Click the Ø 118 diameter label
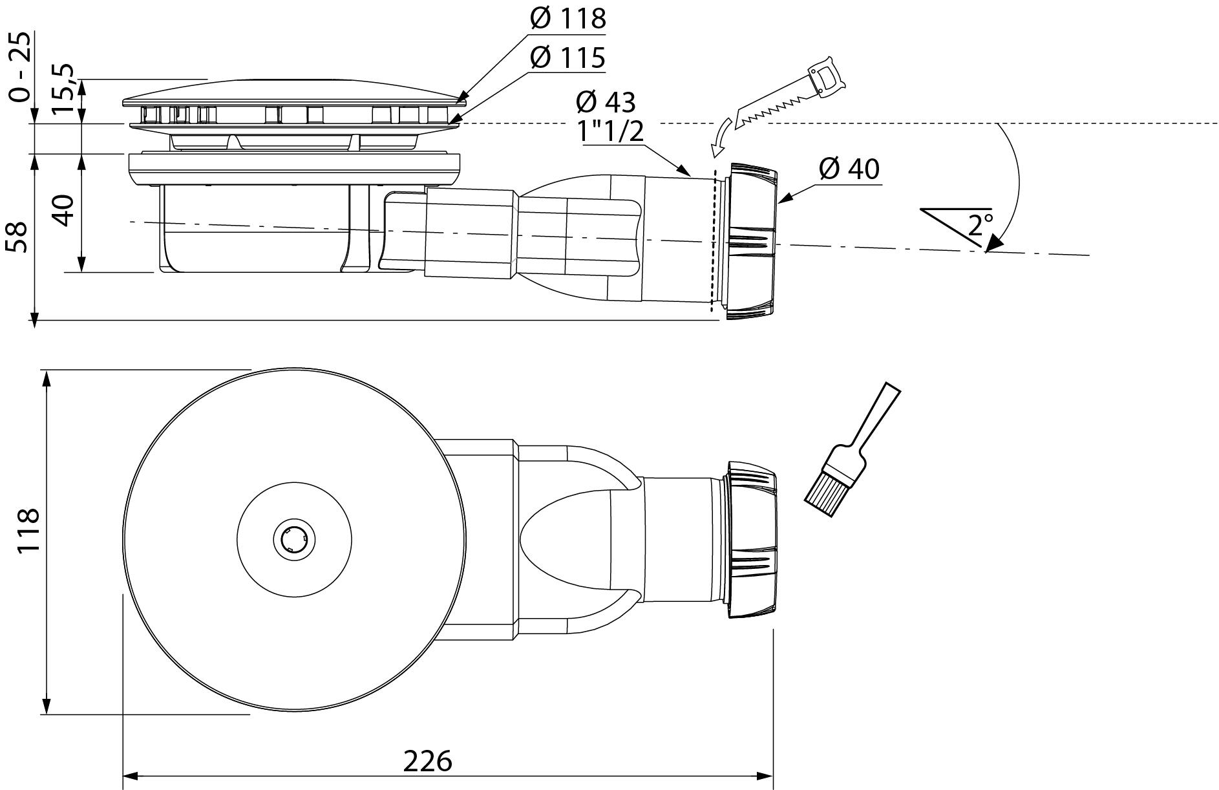click(567, 19)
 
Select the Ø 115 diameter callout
click(567, 58)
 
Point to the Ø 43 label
click(605, 101)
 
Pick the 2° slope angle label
click(980, 225)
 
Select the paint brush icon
click(851, 451)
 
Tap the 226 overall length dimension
click(427, 761)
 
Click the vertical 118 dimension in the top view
click(28, 530)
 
